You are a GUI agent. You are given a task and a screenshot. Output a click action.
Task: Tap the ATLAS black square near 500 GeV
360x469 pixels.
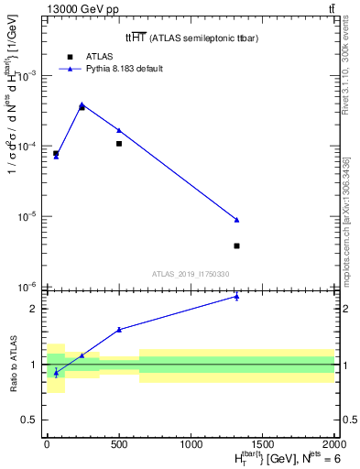click(x=119, y=144)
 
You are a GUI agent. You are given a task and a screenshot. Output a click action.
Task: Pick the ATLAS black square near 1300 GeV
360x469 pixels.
click(x=236, y=245)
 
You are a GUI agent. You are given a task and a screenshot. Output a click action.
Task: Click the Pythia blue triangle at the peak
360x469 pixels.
click(x=82, y=104)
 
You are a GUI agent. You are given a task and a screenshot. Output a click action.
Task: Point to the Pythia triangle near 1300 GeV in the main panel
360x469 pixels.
click(x=236, y=220)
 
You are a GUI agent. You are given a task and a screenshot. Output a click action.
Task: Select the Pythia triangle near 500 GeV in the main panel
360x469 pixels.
click(x=119, y=130)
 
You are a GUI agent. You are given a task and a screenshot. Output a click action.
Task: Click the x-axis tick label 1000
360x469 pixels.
click(x=191, y=442)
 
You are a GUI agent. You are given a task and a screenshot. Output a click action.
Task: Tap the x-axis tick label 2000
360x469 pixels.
click(x=334, y=442)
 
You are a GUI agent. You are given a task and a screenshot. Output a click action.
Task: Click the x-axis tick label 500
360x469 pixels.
click(x=119, y=442)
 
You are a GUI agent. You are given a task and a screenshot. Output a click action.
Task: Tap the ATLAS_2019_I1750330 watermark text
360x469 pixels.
click(x=191, y=274)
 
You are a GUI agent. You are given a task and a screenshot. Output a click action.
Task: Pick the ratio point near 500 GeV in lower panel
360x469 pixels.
click(x=119, y=330)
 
